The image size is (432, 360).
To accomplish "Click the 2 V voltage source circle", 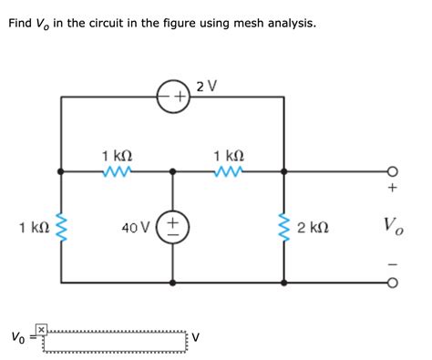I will coord(173,96).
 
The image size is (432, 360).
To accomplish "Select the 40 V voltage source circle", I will coord(173,224).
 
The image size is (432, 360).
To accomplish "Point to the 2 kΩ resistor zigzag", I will coord(283,225).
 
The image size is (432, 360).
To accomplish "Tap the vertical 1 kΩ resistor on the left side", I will coord(61,225).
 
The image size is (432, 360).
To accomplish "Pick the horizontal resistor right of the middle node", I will coord(229,170).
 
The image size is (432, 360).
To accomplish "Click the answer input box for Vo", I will coord(117,339).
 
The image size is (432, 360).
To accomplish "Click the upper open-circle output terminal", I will coord(392,170).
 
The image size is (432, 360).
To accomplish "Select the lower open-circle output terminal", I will coord(392,281).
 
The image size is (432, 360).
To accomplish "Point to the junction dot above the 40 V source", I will coord(173,170).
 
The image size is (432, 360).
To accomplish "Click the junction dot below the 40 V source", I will coord(173,281).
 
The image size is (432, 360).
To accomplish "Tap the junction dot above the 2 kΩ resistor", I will coord(283,170).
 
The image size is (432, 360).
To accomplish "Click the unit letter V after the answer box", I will coord(197,339).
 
